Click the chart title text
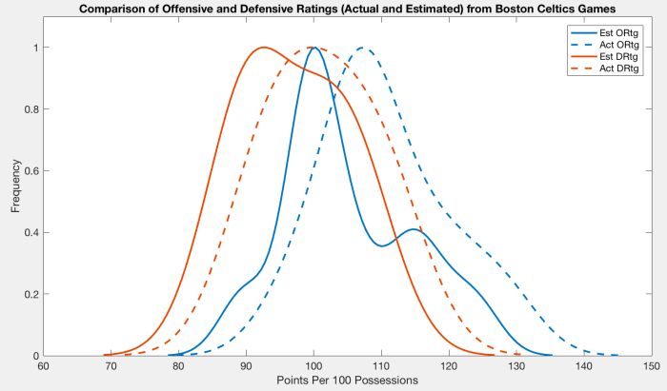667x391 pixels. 349,10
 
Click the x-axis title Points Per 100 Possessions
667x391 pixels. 348,381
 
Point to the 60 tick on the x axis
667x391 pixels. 43,366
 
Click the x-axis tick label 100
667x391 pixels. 313,366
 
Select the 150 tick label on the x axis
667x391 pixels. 653,366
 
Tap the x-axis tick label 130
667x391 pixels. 517,366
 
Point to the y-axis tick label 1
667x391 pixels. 33,48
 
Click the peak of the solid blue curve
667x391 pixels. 313,48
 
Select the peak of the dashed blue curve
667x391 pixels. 362,48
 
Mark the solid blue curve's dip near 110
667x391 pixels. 382,245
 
